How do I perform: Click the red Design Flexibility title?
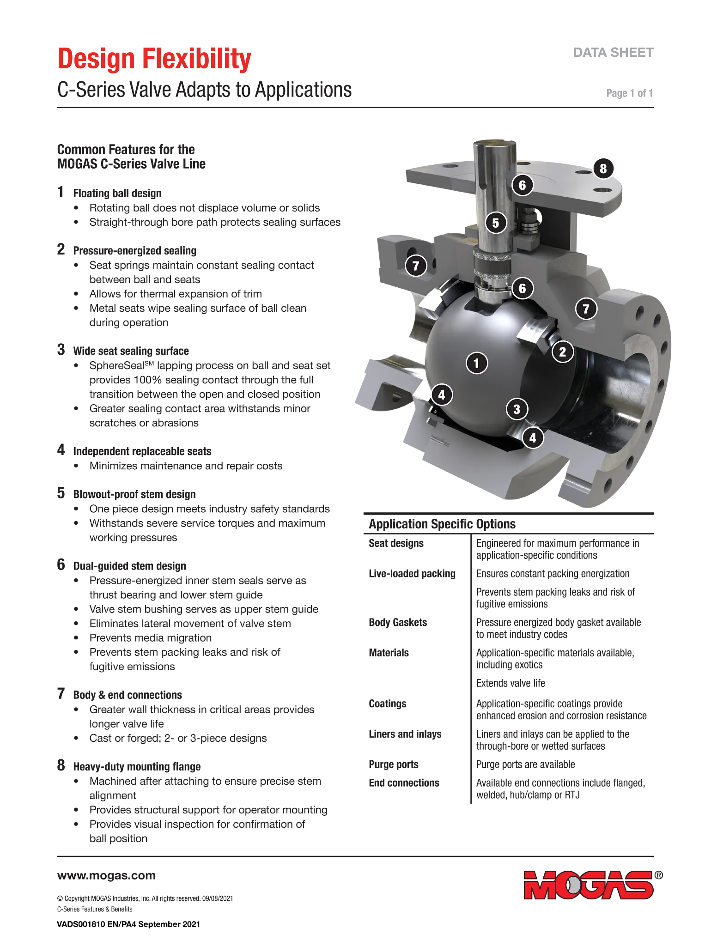click(x=154, y=59)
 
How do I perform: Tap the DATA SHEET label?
click(x=613, y=53)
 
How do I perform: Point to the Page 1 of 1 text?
click(x=630, y=93)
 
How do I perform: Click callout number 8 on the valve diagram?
click(x=603, y=169)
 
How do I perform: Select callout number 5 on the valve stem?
click(x=496, y=223)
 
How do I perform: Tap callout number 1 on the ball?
click(x=477, y=363)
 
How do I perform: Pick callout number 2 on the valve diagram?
click(x=563, y=352)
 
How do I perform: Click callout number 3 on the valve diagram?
click(x=517, y=409)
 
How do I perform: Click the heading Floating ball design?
click(x=117, y=194)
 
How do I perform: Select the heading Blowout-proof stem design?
click(x=134, y=494)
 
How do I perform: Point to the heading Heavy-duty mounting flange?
click(x=137, y=767)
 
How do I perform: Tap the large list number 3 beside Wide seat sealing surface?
click(x=61, y=350)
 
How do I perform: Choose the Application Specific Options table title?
click(x=442, y=524)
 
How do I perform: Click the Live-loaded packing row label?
click(x=412, y=574)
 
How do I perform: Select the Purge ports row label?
click(x=394, y=764)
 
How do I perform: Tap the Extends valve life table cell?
click(x=510, y=683)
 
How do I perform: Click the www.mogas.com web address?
click(x=106, y=876)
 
